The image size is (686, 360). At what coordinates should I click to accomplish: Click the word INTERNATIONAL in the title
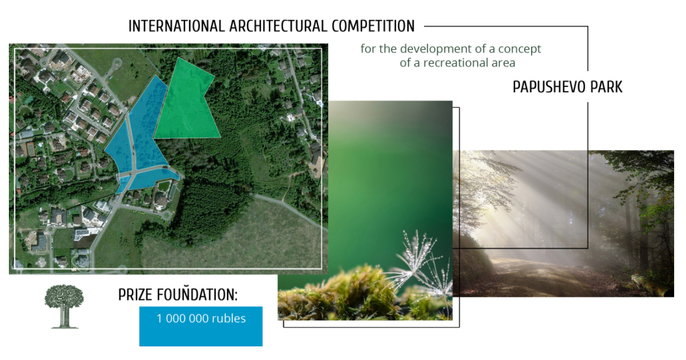tap(176, 26)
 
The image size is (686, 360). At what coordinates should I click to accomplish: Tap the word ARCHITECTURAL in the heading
tap(279, 26)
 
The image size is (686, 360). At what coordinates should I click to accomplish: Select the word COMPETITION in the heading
tap(373, 26)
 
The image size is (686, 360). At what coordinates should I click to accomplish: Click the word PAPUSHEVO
tap(549, 87)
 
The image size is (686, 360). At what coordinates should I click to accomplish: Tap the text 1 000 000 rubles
tap(201, 318)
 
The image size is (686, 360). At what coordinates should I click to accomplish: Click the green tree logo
tap(64, 306)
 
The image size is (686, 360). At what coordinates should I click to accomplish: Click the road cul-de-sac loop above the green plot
tap(115, 66)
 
